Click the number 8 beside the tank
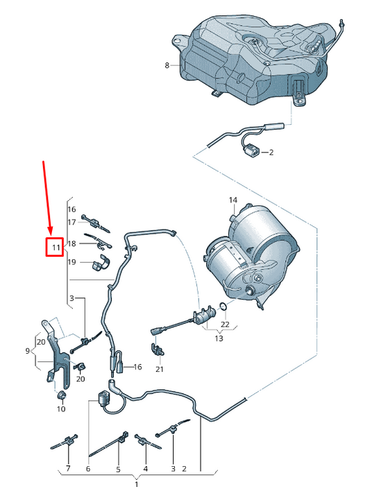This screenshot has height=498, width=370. (167, 66)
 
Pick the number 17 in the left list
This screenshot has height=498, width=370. (71, 222)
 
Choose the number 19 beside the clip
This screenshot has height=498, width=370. (71, 262)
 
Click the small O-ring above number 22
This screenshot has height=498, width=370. (222, 307)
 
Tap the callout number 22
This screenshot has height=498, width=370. (224, 324)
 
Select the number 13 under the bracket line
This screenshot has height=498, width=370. (219, 338)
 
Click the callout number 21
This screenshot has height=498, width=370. (159, 369)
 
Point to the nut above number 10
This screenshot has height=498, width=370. (61, 395)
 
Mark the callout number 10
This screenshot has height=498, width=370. (60, 409)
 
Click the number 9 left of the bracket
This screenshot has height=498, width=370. (28, 352)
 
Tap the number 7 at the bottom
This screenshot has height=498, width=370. (68, 469)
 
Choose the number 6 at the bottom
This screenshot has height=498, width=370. (88, 469)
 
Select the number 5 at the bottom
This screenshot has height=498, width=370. (118, 469)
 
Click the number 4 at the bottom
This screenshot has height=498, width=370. (146, 469)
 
